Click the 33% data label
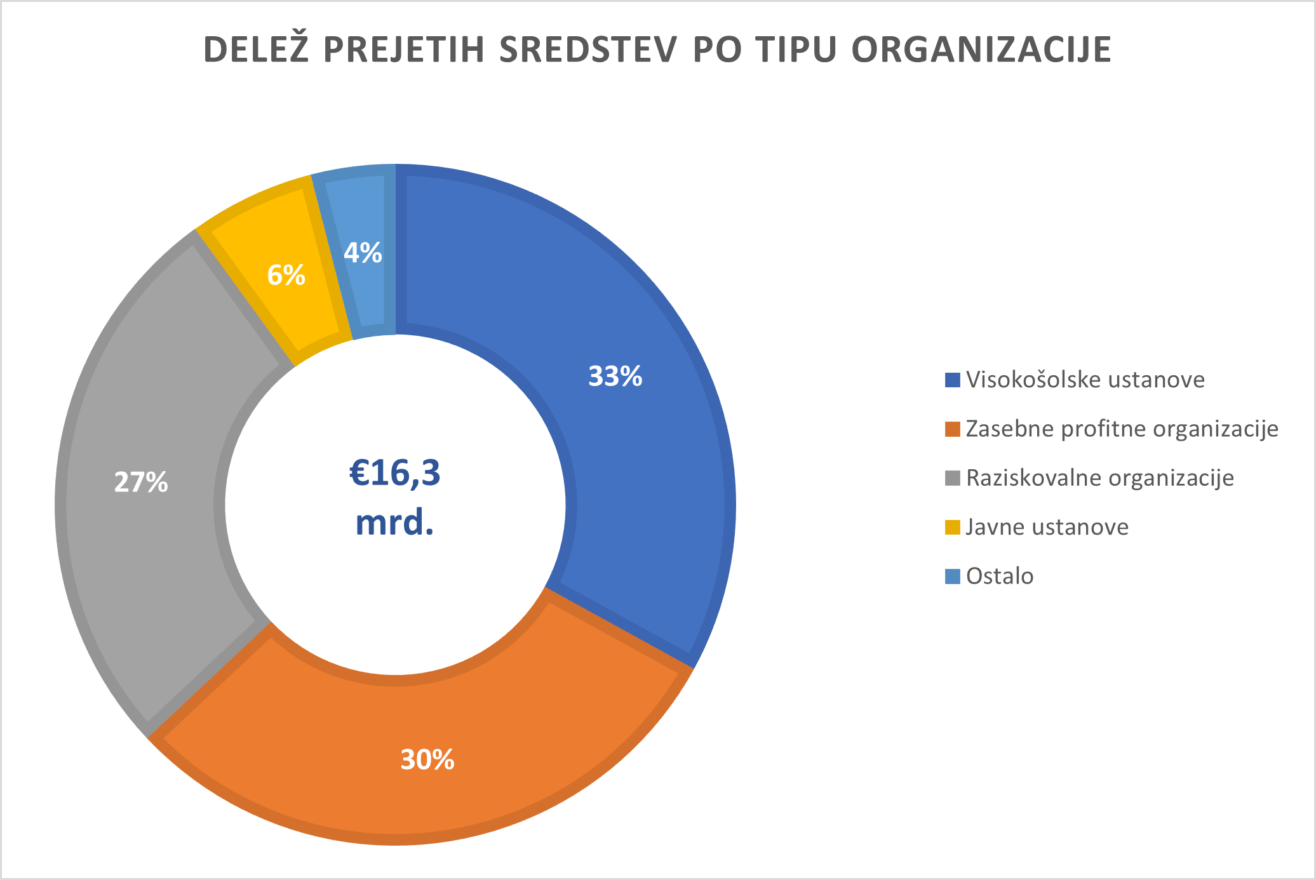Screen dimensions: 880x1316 click(x=615, y=377)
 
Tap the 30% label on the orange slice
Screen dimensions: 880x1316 click(x=427, y=759)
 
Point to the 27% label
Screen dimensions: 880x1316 click(x=141, y=483)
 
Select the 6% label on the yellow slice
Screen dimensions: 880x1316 click(x=286, y=275)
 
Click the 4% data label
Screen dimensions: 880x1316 click(x=363, y=253)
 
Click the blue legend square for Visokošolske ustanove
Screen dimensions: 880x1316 click(x=952, y=380)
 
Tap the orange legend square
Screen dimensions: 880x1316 click(x=952, y=429)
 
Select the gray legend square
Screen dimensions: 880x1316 click(x=952, y=478)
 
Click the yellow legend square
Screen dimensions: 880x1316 click(x=952, y=527)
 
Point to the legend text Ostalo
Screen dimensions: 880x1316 click(x=1000, y=576)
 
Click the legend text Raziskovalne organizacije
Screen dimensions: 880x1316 click(x=1099, y=478)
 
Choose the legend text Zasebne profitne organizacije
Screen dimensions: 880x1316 click(x=1122, y=429)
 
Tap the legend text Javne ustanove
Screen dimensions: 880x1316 click(x=1047, y=527)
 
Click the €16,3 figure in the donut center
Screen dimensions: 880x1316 click(x=395, y=473)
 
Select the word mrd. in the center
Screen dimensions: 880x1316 click(x=394, y=523)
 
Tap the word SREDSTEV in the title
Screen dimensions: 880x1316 click(x=588, y=50)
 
